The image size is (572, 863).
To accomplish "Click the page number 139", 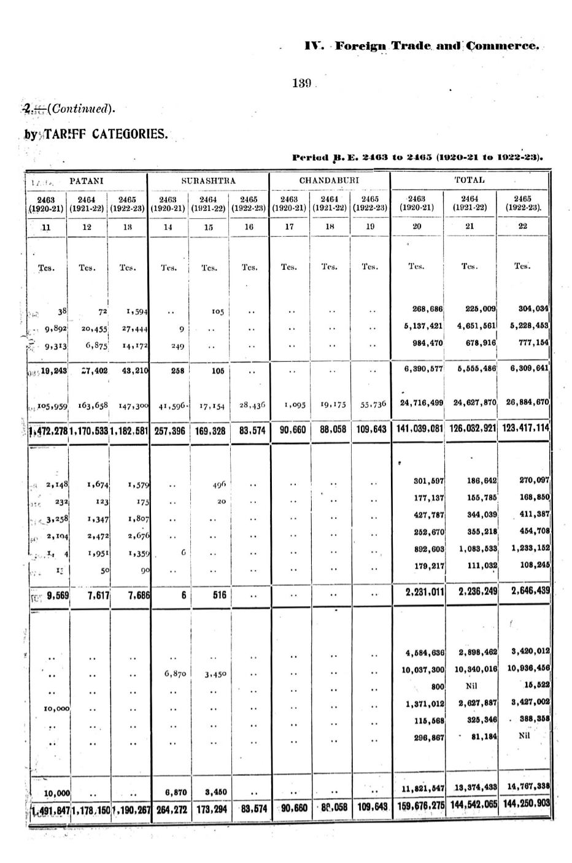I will [303, 83].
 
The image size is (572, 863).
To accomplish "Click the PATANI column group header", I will [86, 181].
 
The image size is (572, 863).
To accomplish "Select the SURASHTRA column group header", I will [208, 181].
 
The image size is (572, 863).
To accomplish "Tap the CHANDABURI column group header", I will [329, 181].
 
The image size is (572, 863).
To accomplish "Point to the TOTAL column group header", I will [469, 180].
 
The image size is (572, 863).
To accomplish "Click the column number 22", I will [522, 226].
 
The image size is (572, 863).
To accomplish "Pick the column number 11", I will [45, 227].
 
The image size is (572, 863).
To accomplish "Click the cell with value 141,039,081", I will [417, 430].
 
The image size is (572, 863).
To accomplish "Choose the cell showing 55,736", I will [373, 404].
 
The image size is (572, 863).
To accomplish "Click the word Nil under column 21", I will [471, 686].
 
